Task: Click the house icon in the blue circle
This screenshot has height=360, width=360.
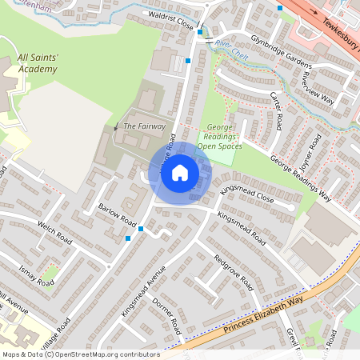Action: (180, 173)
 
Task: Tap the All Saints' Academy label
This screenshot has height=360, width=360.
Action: (38, 64)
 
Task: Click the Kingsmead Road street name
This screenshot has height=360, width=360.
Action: (241, 228)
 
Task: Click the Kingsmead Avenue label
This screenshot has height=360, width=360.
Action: (142, 290)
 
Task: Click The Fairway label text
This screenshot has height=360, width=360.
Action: (145, 126)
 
